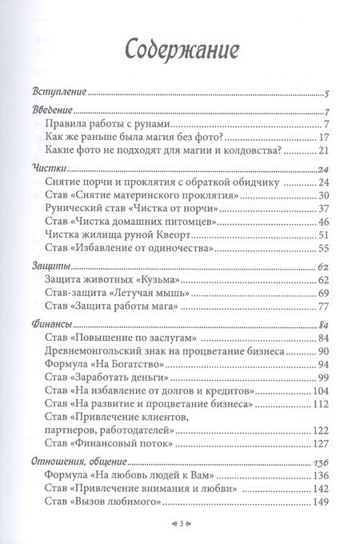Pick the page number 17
tap(324, 137)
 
